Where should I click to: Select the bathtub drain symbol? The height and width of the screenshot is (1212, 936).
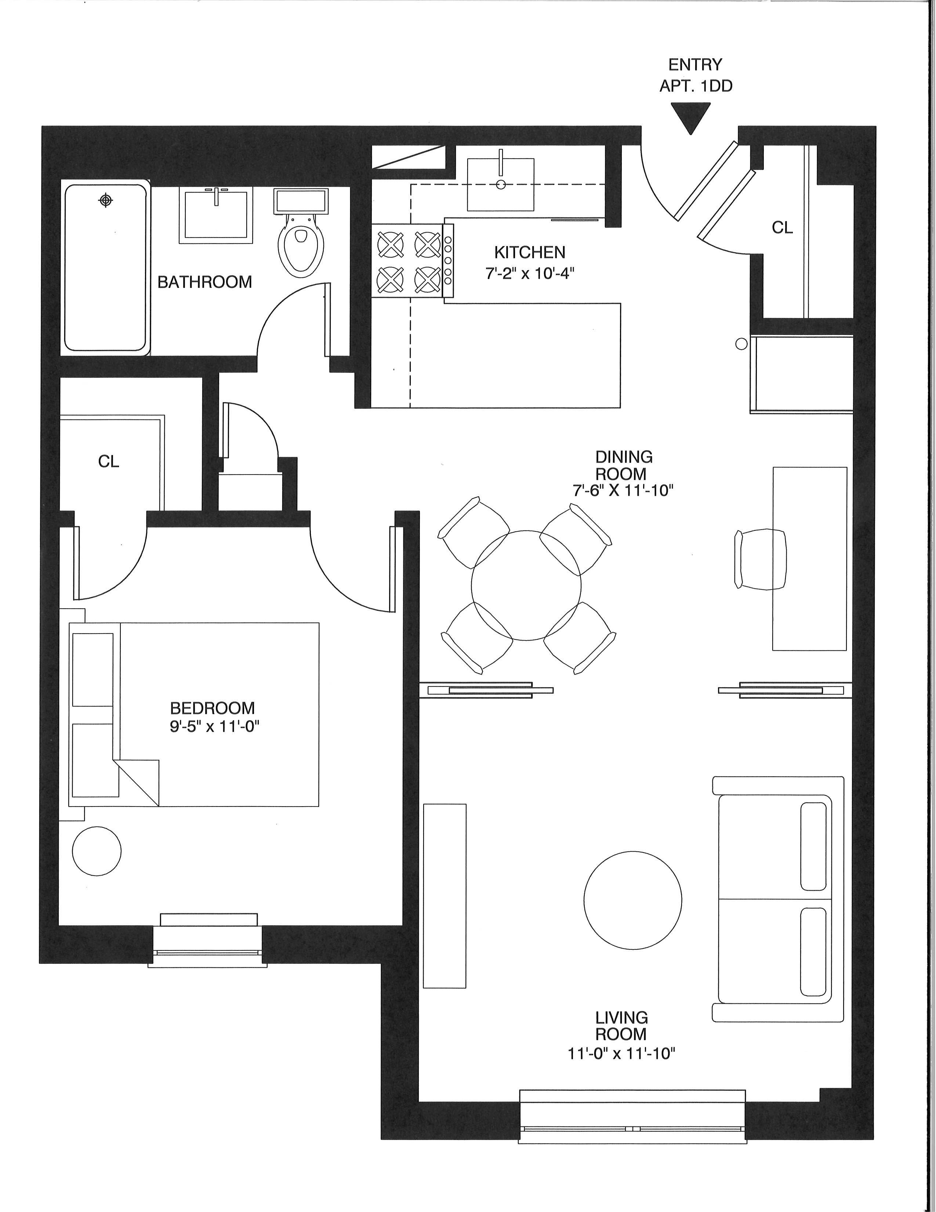point(105,200)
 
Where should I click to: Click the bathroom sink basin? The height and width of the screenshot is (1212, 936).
point(216,215)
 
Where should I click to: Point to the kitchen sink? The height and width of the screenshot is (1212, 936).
point(501,184)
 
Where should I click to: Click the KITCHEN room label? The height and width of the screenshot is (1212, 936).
point(530,253)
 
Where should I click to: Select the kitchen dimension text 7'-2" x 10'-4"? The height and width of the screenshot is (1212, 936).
point(530,274)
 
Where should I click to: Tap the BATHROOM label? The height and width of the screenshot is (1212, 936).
point(204,282)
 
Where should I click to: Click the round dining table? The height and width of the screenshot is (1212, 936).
point(526,585)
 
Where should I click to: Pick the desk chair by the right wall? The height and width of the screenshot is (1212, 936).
point(761,559)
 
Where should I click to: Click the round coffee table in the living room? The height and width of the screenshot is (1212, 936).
point(633,899)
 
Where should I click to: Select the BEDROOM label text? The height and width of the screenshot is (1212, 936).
point(213,708)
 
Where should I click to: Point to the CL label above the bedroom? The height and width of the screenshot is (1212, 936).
point(109,461)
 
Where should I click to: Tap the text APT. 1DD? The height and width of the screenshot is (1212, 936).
point(696,86)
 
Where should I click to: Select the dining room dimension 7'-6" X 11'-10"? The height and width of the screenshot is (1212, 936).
point(623,491)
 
